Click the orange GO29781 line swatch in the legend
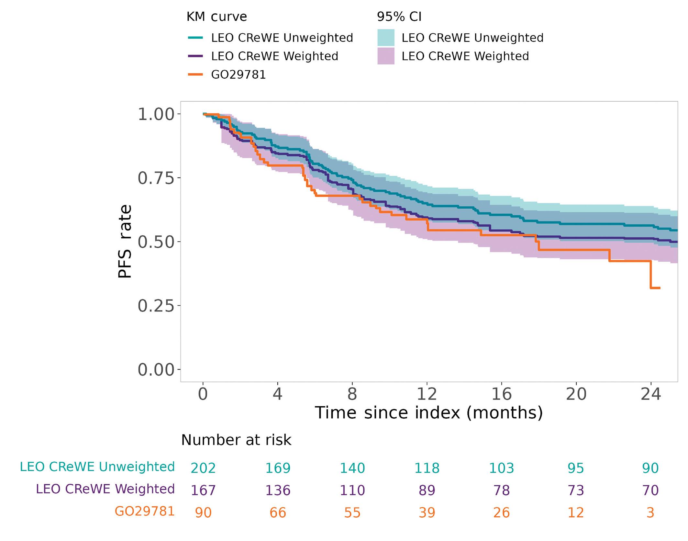tap(195, 75)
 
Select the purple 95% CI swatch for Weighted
tap(386, 56)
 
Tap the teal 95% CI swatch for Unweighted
tap(386, 38)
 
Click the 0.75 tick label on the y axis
tap(156, 178)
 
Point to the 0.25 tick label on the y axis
tap(156, 306)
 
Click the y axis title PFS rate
tap(125, 241)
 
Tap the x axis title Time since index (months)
tap(429, 413)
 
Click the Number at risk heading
tap(236, 440)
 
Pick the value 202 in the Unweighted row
tap(203, 468)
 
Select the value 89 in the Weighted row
tap(427, 490)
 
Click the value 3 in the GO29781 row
tap(650, 513)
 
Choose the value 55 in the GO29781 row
tap(352, 513)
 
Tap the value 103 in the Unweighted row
tap(501, 468)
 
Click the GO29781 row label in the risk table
tap(145, 511)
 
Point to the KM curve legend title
tap(216, 17)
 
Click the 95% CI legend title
tap(399, 17)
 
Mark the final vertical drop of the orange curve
tap(650, 275)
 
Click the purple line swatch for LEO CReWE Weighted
tap(195, 56)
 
